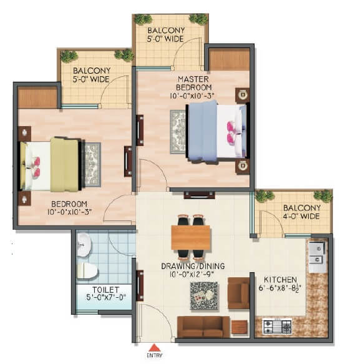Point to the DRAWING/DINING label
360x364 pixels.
coord(194,266)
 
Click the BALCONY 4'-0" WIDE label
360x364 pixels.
coord(301,212)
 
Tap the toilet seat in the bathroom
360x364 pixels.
coord(87,270)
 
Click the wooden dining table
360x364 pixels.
coord(190,237)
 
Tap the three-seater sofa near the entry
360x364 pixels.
coord(203,327)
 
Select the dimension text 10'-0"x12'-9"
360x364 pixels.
coord(194,274)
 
